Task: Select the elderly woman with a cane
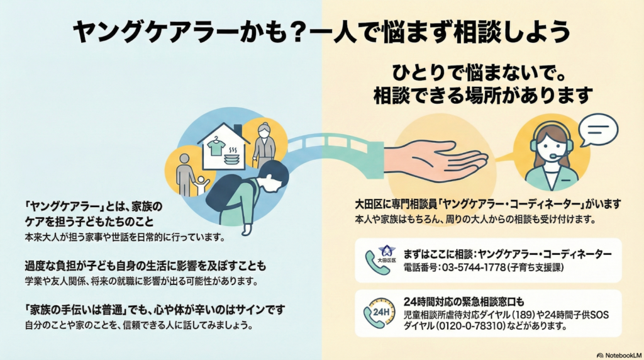pyautogui.click(x=264, y=142)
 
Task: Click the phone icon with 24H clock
pyautogui.click(x=377, y=313)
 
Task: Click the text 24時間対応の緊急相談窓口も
pyautogui.click(x=465, y=301)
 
